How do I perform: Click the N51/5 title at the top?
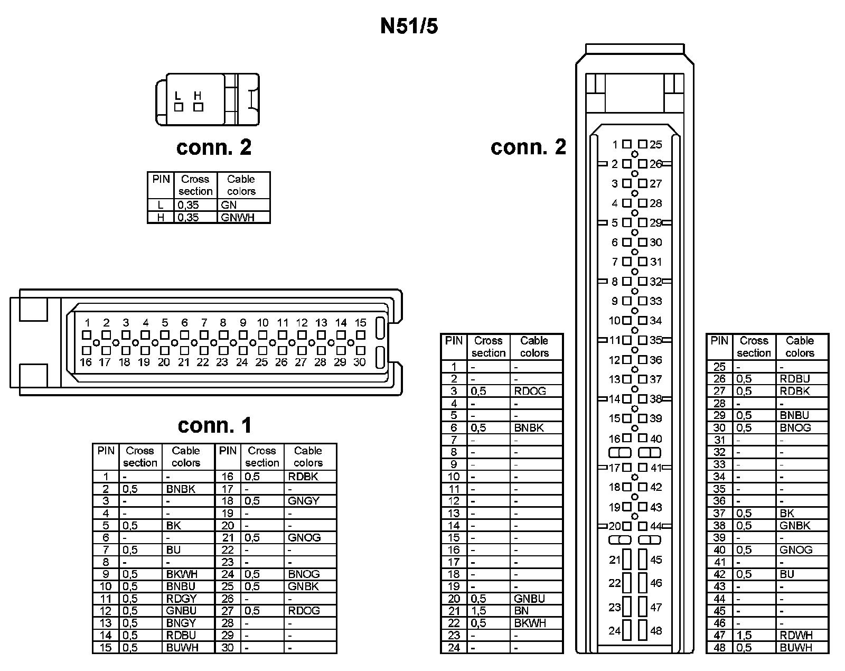click(409, 26)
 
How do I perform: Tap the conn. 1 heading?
click(214, 425)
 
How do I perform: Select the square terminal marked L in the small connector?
click(179, 107)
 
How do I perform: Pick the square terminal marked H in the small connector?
click(198, 107)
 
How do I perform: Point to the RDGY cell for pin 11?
click(181, 599)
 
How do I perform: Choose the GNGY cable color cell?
click(304, 501)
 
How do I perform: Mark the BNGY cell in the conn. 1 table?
click(181, 623)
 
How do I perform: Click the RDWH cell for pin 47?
click(796, 636)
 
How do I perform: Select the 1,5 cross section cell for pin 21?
click(478, 611)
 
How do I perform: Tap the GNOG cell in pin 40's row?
click(796, 550)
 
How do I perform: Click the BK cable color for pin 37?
click(787, 513)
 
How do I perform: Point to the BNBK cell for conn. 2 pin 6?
click(529, 428)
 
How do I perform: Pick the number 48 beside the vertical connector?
click(656, 630)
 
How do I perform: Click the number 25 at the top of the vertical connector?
click(656, 145)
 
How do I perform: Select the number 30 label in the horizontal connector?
click(360, 362)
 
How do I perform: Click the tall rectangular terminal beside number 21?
click(627, 560)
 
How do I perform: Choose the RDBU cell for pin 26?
click(795, 379)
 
